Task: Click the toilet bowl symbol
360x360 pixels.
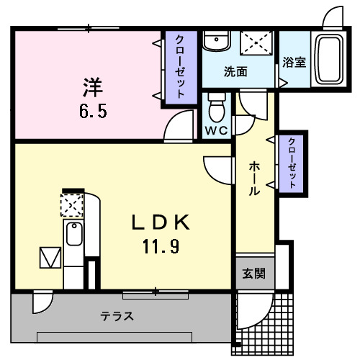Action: [216, 109]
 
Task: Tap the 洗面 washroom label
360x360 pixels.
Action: [235, 72]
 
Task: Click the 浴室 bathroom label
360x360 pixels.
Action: [294, 62]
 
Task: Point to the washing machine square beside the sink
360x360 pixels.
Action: [256, 42]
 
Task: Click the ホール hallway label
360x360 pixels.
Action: [255, 179]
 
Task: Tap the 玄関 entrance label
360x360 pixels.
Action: [253, 273]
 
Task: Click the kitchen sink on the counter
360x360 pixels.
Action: [73, 235]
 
